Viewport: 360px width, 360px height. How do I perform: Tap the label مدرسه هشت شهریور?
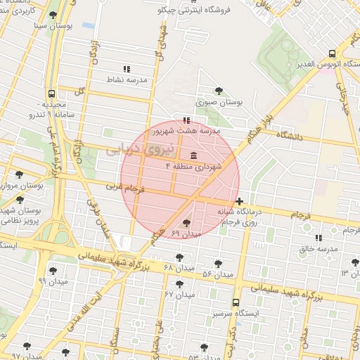coord(192,131)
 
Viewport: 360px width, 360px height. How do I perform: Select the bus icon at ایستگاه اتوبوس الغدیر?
coord(333,53)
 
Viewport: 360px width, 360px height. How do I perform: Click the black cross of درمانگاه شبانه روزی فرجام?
coord(240,201)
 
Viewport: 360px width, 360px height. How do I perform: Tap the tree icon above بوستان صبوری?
coord(219,90)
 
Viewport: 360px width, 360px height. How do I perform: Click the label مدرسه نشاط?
coord(127,81)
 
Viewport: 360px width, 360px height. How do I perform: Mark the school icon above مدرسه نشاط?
coord(127,69)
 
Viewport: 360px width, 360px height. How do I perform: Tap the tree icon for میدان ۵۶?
coord(218,264)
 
